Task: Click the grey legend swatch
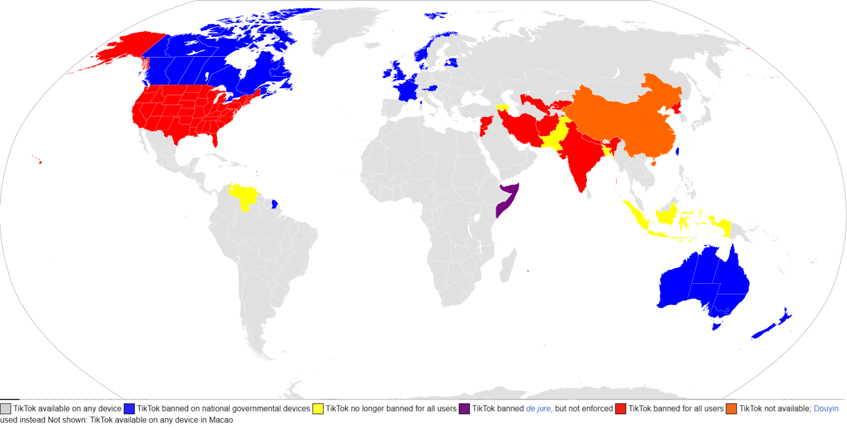pos(6,409)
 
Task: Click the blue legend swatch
pos(129,409)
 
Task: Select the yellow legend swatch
pos(318,409)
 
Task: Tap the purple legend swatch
pos(465,409)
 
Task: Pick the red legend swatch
pos(621,409)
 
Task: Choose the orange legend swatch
pos(731,409)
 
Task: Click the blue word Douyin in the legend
pos(826,409)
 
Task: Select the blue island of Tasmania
pos(715,325)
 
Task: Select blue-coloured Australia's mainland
pos(701,281)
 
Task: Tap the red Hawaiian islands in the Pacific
pos(40,161)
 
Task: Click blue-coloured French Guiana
pos(275,203)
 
